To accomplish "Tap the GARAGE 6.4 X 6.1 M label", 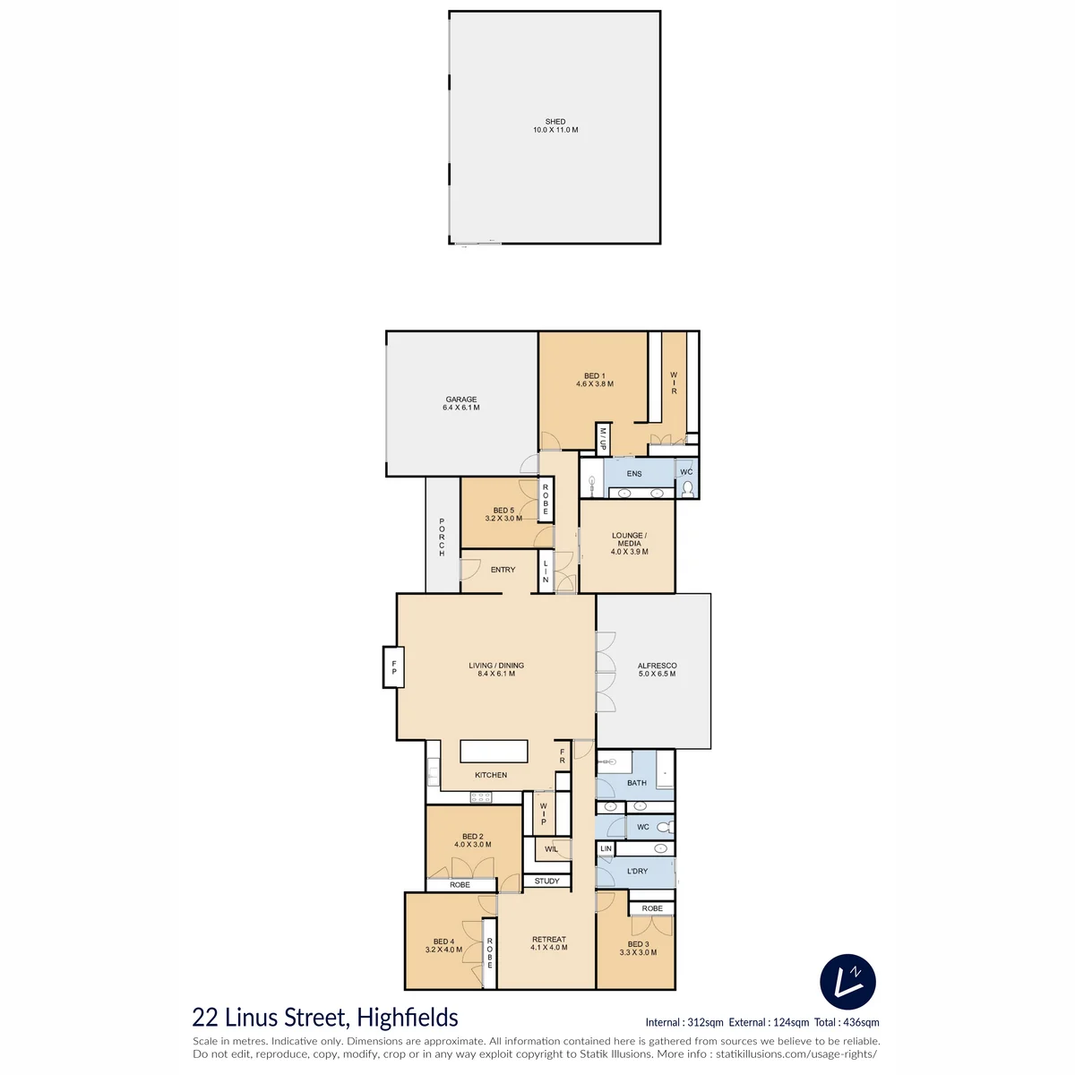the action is [460, 403].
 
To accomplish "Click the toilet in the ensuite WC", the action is [688, 489].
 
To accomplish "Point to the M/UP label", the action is [603, 438].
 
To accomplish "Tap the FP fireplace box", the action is [393, 667].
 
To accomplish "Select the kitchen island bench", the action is [494, 751].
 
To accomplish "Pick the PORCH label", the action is [442, 537].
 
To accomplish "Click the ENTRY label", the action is [503, 570].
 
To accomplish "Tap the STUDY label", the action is [546, 881].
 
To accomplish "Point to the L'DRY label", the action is [637, 871].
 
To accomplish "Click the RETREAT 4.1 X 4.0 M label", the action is [549, 943].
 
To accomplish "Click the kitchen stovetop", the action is [480, 798].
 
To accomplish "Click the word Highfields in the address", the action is [408, 1018].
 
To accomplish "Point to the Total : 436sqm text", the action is [847, 1022].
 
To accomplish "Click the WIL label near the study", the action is [551, 849].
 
